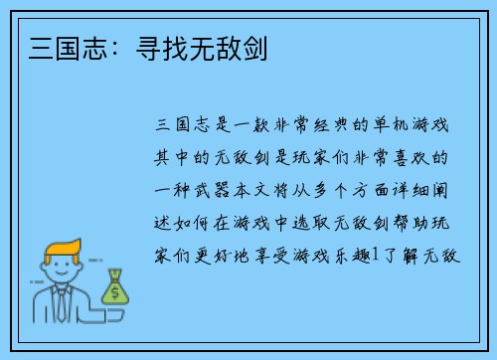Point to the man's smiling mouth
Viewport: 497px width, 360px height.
click(x=59, y=278)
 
